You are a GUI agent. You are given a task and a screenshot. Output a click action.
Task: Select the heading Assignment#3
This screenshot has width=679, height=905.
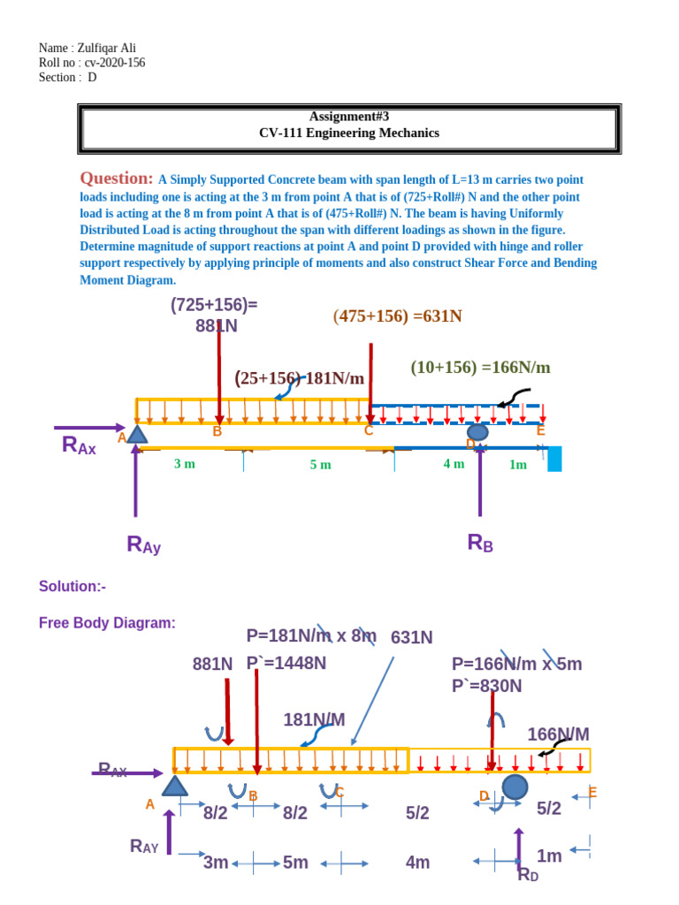349,117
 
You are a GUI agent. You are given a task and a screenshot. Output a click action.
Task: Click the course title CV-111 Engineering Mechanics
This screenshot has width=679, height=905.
349,133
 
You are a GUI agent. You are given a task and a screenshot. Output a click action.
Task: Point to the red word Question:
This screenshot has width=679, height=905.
117,179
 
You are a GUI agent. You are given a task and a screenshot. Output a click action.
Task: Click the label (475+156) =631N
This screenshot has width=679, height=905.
398,316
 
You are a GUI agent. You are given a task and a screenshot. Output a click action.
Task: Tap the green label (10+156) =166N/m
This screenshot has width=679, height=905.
480,368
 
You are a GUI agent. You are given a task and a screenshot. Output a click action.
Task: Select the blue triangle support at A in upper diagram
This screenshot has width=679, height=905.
136,433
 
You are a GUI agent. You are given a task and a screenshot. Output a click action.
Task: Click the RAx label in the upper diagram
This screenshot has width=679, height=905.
80,445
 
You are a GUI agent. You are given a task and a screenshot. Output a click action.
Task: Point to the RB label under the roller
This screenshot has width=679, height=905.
480,543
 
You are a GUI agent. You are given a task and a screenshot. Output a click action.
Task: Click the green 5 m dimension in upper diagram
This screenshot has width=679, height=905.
320,465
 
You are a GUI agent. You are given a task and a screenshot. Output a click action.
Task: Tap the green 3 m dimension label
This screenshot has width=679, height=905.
184,463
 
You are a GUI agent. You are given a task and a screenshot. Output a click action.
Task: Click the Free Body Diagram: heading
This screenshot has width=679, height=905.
107,623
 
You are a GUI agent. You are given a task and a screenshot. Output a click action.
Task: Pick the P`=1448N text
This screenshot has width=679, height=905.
286,663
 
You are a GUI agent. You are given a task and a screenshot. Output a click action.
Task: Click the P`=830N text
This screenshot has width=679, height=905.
487,686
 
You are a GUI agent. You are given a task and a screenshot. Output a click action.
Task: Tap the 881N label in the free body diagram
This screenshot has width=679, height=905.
213,664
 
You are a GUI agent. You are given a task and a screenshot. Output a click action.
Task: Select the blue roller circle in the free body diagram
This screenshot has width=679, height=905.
515,787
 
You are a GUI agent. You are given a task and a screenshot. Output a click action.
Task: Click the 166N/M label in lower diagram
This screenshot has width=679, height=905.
558,734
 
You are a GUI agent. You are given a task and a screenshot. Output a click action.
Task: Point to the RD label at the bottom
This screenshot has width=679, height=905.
528,875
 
